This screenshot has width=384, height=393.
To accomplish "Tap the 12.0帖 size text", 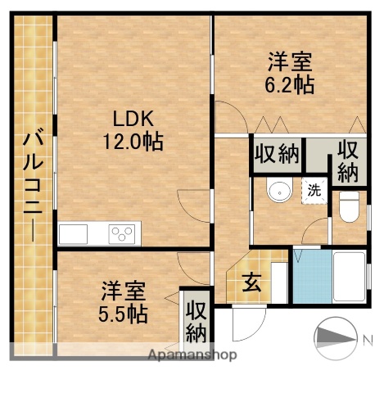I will [133, 142].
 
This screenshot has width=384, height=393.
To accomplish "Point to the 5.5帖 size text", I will [124, 314].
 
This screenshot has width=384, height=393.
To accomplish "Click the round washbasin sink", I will [280, 192].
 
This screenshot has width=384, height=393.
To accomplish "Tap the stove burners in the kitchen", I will [123, 233].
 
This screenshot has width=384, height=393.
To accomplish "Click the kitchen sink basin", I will [74, 233].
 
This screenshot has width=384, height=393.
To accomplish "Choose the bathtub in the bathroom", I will [348, 278].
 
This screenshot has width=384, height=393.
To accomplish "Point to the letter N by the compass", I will [368, 338].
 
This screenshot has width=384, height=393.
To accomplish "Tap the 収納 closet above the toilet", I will [348, 161].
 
